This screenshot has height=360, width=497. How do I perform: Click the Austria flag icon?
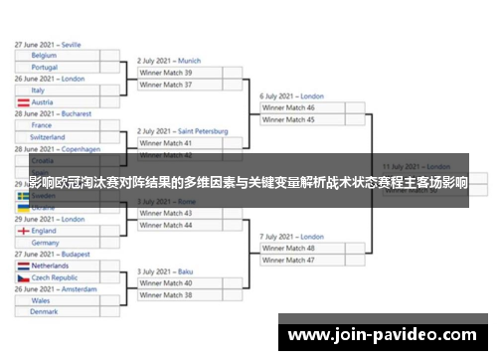[23, 102]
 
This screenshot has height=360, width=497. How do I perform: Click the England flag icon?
[23, 230]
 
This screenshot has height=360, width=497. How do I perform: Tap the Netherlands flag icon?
[23, 267]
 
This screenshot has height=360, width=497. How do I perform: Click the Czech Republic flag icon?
[23, 278]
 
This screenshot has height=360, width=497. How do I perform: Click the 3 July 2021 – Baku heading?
[166, 270]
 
